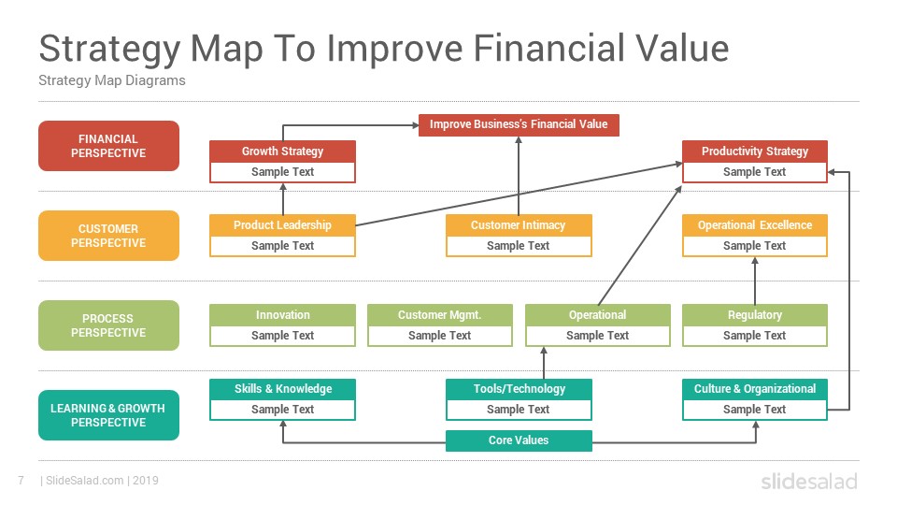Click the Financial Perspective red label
coord(108,146)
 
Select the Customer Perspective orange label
coord(108,236)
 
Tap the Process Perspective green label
coord(108,325)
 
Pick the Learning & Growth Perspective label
coord(108,415)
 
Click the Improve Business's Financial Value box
coord(519,124)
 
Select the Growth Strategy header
coord(282,151)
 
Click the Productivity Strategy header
coord(755,151)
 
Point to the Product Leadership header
coord(282,225)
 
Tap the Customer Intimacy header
coord(519,225)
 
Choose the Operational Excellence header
coord(755,225)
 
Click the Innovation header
coord(282,315)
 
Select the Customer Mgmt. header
coord(440,315)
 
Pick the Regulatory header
coord(755,315)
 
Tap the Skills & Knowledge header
coord(282,389)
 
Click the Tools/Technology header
coord(519,389)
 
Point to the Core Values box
coord(519,440)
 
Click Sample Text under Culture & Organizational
coord(755,410)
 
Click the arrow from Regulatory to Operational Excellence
coord(755,281)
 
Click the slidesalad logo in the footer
coord(809,482)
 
